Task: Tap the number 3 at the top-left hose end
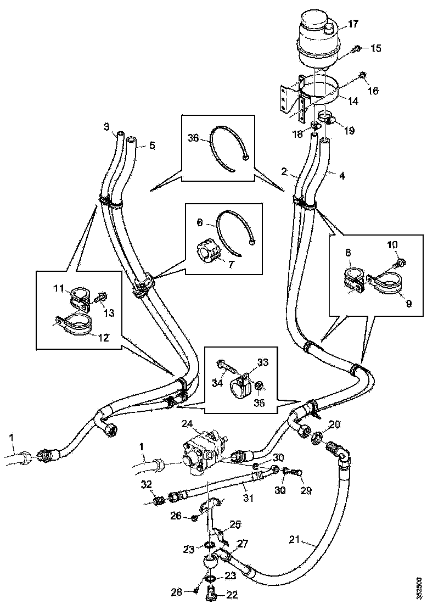[x=106, y=127]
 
